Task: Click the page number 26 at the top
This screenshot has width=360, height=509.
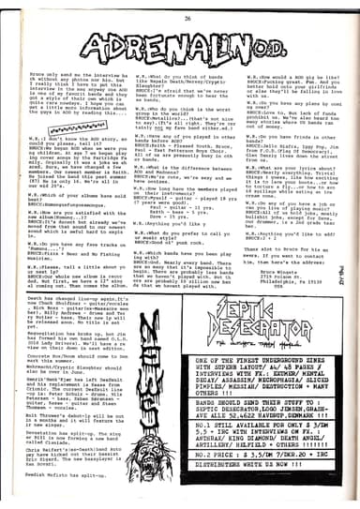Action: click(x=179, y=10)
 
